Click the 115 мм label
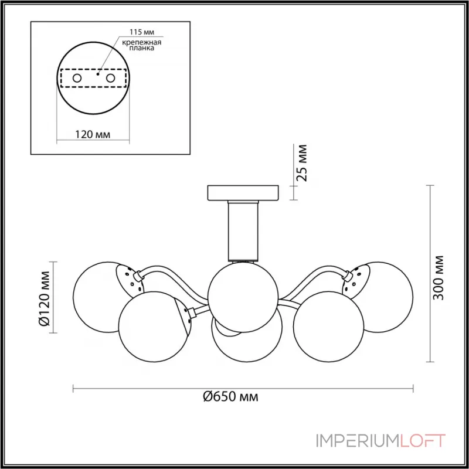(142, 32)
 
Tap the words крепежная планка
(141, 45)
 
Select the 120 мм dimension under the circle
(93, 135)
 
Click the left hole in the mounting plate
(77, 79)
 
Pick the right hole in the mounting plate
(110, 79)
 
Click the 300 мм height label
(439, 278)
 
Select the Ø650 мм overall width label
(230, 397)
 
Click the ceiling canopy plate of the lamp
(243, 193)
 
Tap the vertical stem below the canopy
(243, 230)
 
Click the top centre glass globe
(243, 297)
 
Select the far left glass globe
(98, 297)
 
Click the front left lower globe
(154, 327)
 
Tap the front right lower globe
(329, 327)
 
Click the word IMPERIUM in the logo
(358, 441)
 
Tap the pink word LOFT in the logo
(423, 441)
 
